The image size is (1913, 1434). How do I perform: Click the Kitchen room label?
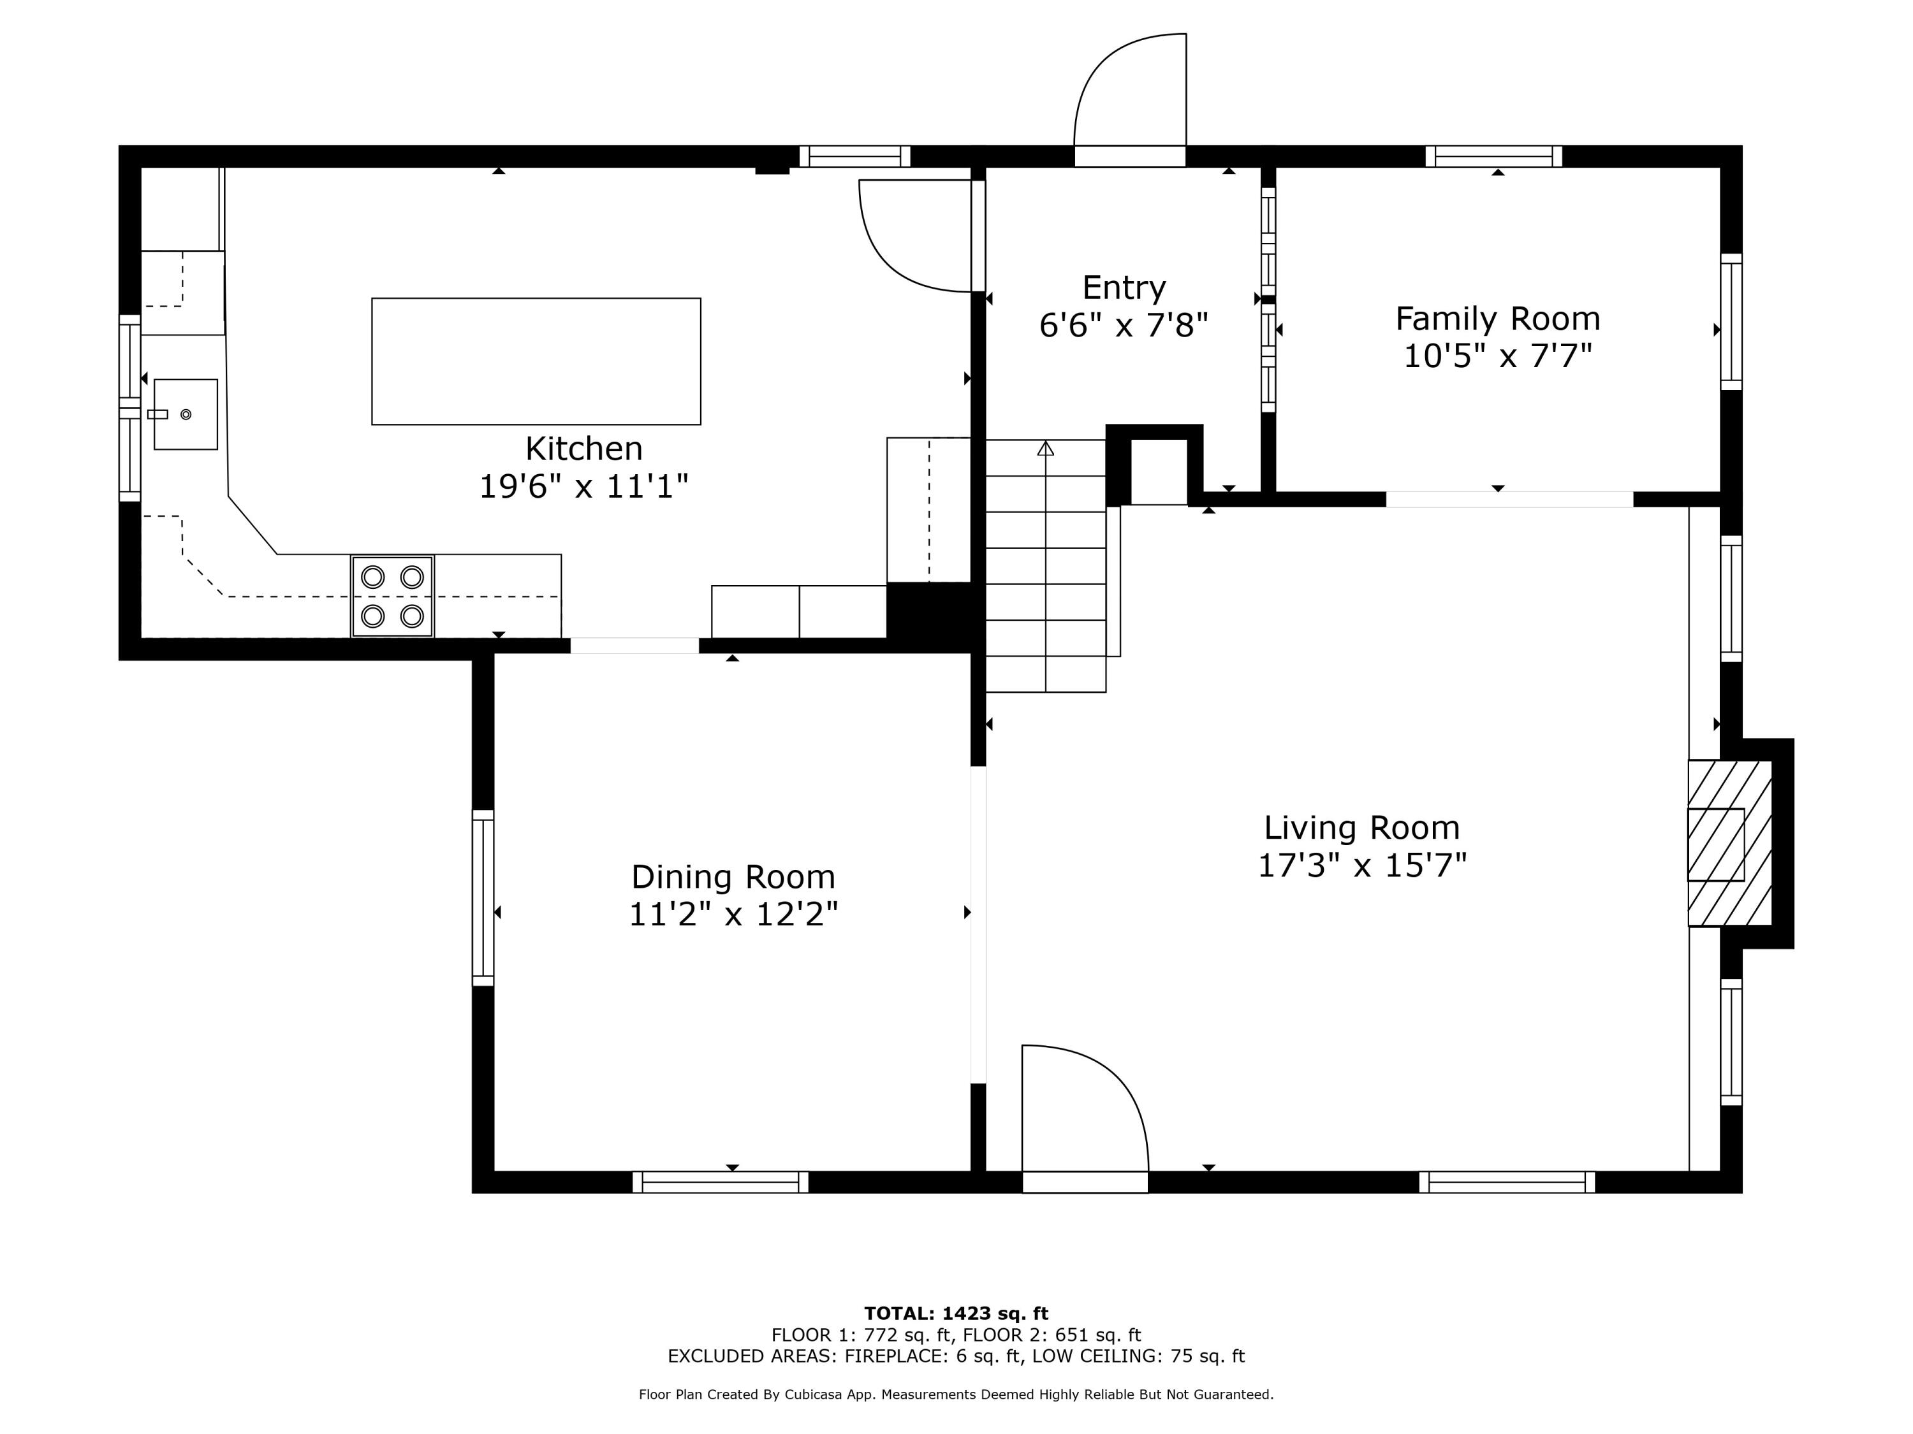click(583, 449)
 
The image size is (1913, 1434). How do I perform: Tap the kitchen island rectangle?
click(536, 361)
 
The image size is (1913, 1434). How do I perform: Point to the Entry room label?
click(1124, 287)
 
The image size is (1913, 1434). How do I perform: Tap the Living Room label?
click(1361, 827)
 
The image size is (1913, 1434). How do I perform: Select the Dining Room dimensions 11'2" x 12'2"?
click(733, 915)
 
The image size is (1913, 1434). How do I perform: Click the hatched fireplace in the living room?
click(1729, 844)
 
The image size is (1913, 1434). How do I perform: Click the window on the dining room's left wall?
click(483, 897)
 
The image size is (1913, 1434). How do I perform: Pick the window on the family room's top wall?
click(1493, 156)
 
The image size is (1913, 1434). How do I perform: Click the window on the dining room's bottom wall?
click(721, 1182)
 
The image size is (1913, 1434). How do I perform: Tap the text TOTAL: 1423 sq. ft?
click(956, 1314)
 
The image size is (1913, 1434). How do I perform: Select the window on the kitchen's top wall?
click(854, 156)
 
